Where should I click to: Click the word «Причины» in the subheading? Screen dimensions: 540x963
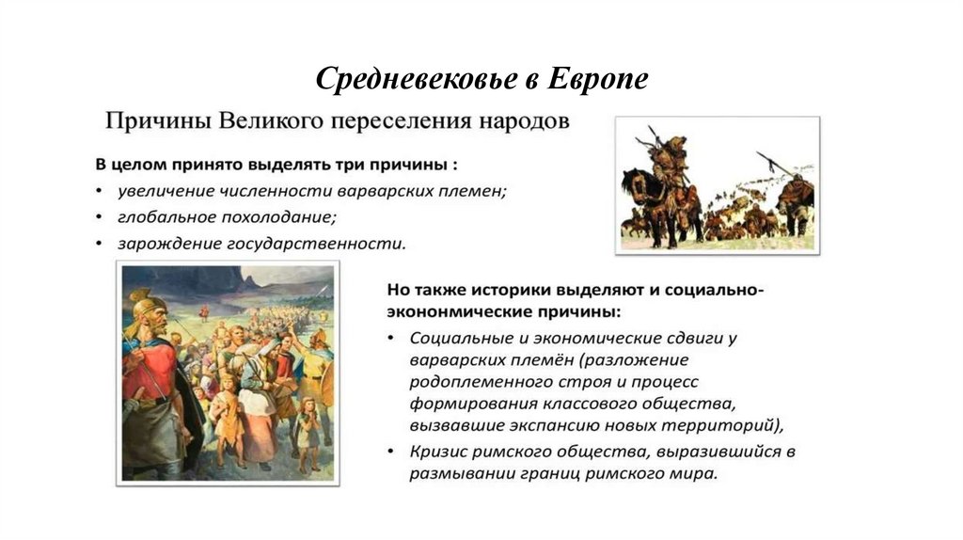157,122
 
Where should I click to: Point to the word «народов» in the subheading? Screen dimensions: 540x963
521,122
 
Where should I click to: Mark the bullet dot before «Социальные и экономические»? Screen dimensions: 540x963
390,336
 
